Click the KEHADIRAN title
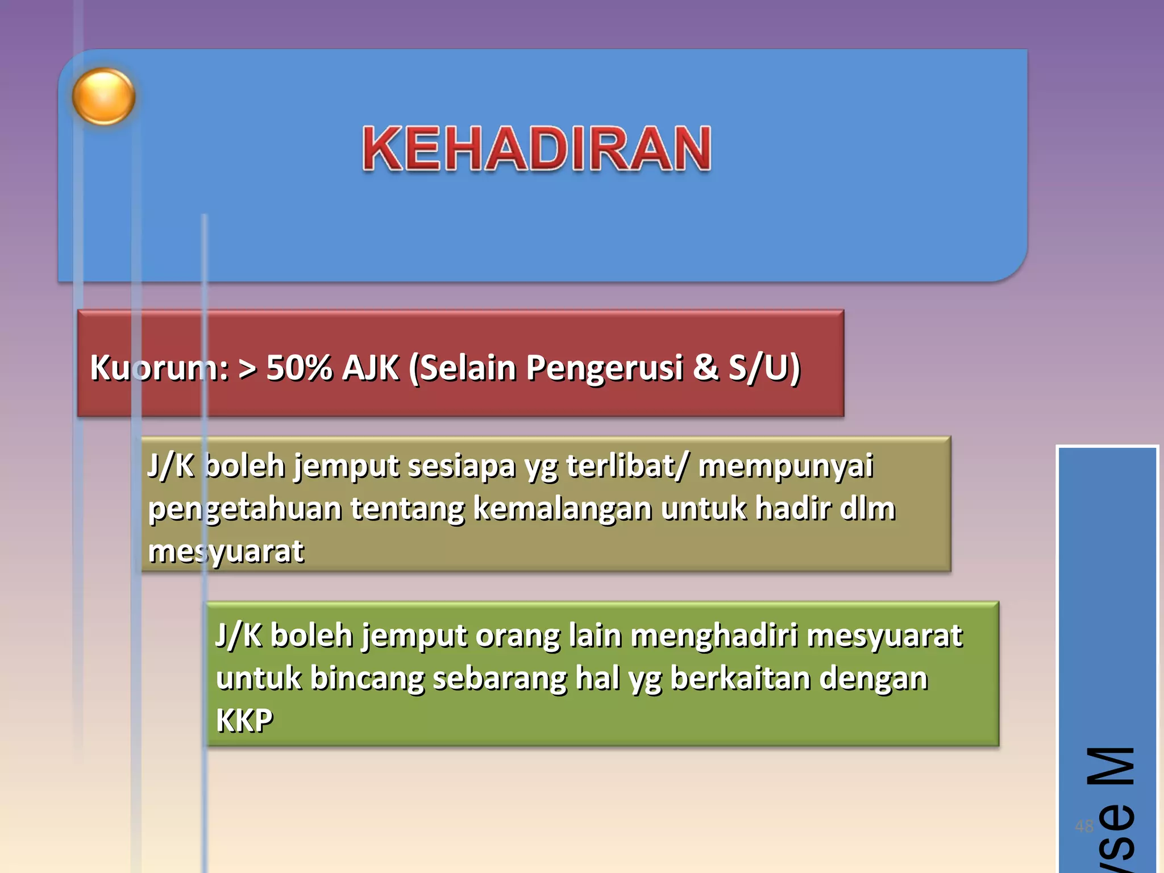[x=537, y=149]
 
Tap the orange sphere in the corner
[x=103, y=97]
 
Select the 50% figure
[x=299, y=368]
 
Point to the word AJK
[x=371, y=368]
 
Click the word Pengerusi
[x=604, y=368]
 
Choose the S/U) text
[x=764, y=368]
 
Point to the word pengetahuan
[x=244, y=509]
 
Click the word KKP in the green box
[x=244, y=721]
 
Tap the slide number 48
[x=1084, y=826]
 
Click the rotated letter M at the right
[x=1111, y=766]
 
